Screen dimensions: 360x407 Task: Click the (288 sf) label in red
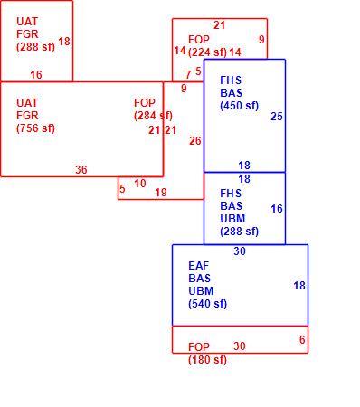pyautogui.click(x=36, y=47)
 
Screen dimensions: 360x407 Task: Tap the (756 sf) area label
pyautogui.click(x=36, y=128)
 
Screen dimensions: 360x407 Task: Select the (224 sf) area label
pyautogui.click(x=207, y=52)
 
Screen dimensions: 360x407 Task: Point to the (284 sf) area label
pyautogui.click(x=153, y=116)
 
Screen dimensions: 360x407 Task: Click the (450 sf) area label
pyautogui.click(x=240, y=106)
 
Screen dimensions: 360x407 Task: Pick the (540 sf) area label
pyautogui.click(x=208, y=304)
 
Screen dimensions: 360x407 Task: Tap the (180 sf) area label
pyautogui.click(x=207, y=359)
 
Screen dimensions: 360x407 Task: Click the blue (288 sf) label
pyautogui.click(x=240, y=232)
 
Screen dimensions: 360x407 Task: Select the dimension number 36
pyautogui.click(x=81, y=169)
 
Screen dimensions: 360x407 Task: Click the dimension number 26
pyautogui.click(x=195, y=140)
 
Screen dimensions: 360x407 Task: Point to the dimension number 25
pyautogui.click(x=277, y=117)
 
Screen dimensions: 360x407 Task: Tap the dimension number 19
pyautogui.click(x=161, y=192)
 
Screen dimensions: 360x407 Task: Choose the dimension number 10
pyautogui.click(x=140, y=183)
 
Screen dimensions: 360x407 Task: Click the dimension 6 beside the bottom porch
pyautogui.click(x=302, y=340)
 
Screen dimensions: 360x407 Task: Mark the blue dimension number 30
pyautogui.click(x=240, y=251)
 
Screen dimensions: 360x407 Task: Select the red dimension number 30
pyautogui.click(x=240, y=345)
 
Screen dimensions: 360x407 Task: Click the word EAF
pyautogui.click(x=199, y=266)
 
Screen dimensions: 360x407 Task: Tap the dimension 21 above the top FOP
pyautogui.click(x=219, y=25)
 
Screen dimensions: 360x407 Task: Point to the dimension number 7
pyautogui.click(x=188, y=74)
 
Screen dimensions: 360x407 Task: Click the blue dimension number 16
pyautogui.click(x=277, y=209)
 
